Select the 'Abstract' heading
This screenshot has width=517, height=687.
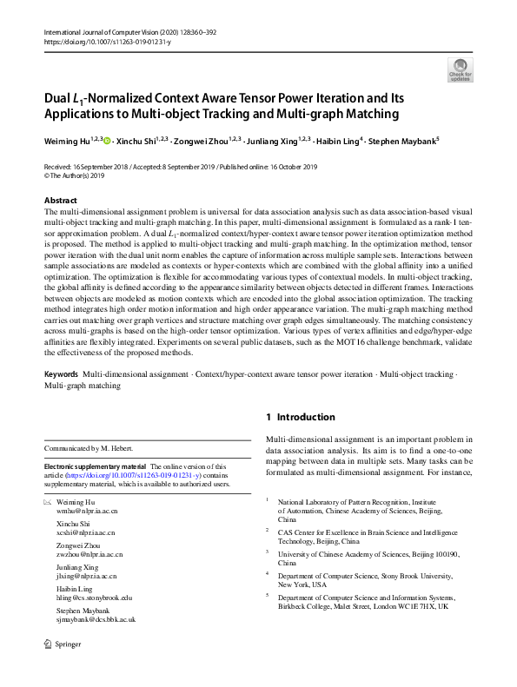pos(60,201)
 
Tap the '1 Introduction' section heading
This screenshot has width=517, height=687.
pos(300,417)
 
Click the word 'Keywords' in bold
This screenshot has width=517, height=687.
pos(62,397)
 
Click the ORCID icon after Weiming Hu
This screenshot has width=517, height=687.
pos(108,138)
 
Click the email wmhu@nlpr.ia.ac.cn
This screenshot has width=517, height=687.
pos(86,512)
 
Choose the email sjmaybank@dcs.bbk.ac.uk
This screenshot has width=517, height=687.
pos(96,620)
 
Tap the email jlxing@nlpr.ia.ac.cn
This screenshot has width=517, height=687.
pos(86,577)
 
